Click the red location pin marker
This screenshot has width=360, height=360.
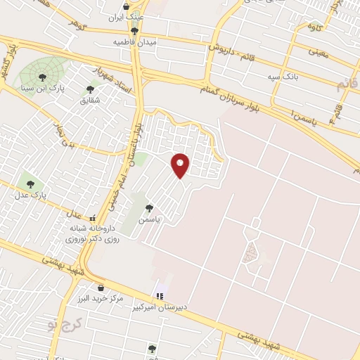(181, 165)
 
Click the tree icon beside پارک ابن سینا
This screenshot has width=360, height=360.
(42, 77)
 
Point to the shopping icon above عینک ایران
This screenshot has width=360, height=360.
(126, 6)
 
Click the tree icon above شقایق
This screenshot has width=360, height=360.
(89, 89)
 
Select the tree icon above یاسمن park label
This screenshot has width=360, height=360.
(148, 207)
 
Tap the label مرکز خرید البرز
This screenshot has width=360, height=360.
(98, 299)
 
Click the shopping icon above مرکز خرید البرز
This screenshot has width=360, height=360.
(101, 287)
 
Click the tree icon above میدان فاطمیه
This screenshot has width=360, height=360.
(134, 31)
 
